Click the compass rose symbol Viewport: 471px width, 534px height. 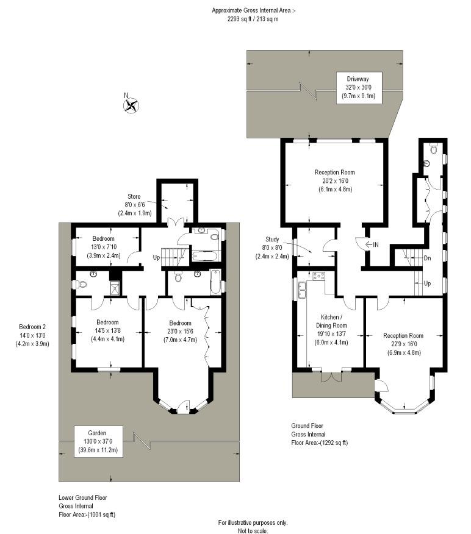131,105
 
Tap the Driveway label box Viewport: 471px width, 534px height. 359,88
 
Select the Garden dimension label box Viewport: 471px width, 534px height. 98,441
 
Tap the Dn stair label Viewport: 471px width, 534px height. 427,258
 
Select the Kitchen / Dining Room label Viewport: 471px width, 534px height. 331,330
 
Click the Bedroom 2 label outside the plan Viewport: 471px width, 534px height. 32,335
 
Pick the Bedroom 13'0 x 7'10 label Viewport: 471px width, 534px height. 104,247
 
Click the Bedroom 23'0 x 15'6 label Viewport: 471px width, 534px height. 181,331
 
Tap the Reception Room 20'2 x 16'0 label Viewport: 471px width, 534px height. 335,180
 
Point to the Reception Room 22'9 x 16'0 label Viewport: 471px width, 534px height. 403,344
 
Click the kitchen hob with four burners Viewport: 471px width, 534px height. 318,276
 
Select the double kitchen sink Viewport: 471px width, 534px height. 303,290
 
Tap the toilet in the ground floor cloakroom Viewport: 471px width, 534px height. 434,149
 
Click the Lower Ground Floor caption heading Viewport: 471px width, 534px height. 83,497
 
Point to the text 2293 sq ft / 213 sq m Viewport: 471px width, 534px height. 253,19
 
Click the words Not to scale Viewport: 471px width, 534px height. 253,530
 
